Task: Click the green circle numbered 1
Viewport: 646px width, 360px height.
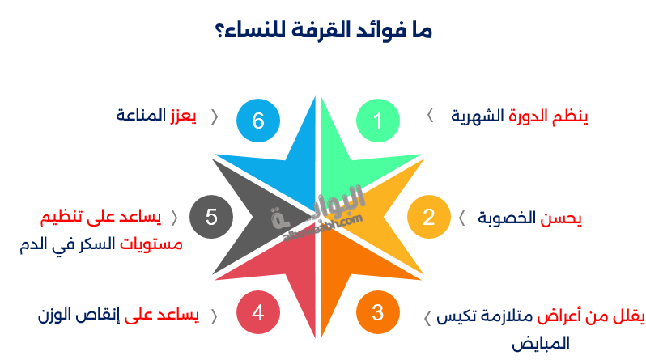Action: pos(378,121)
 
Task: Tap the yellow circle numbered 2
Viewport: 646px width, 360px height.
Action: pos(428,217)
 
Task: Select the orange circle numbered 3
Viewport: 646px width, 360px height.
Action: pos(378,312)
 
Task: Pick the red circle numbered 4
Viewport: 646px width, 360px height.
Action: pos(258,312)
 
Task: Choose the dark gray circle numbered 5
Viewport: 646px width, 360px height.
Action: pos(211,217)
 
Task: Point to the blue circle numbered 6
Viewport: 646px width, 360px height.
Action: pos(258,121)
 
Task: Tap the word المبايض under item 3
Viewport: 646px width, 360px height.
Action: pos(540,343)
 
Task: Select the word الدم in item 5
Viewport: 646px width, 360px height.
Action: pos(34,244)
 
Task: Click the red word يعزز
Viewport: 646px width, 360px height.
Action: pos(183,116)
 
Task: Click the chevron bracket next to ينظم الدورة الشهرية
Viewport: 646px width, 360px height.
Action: pos(430,116)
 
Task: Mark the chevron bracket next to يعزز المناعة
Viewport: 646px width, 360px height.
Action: pos(215,116)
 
